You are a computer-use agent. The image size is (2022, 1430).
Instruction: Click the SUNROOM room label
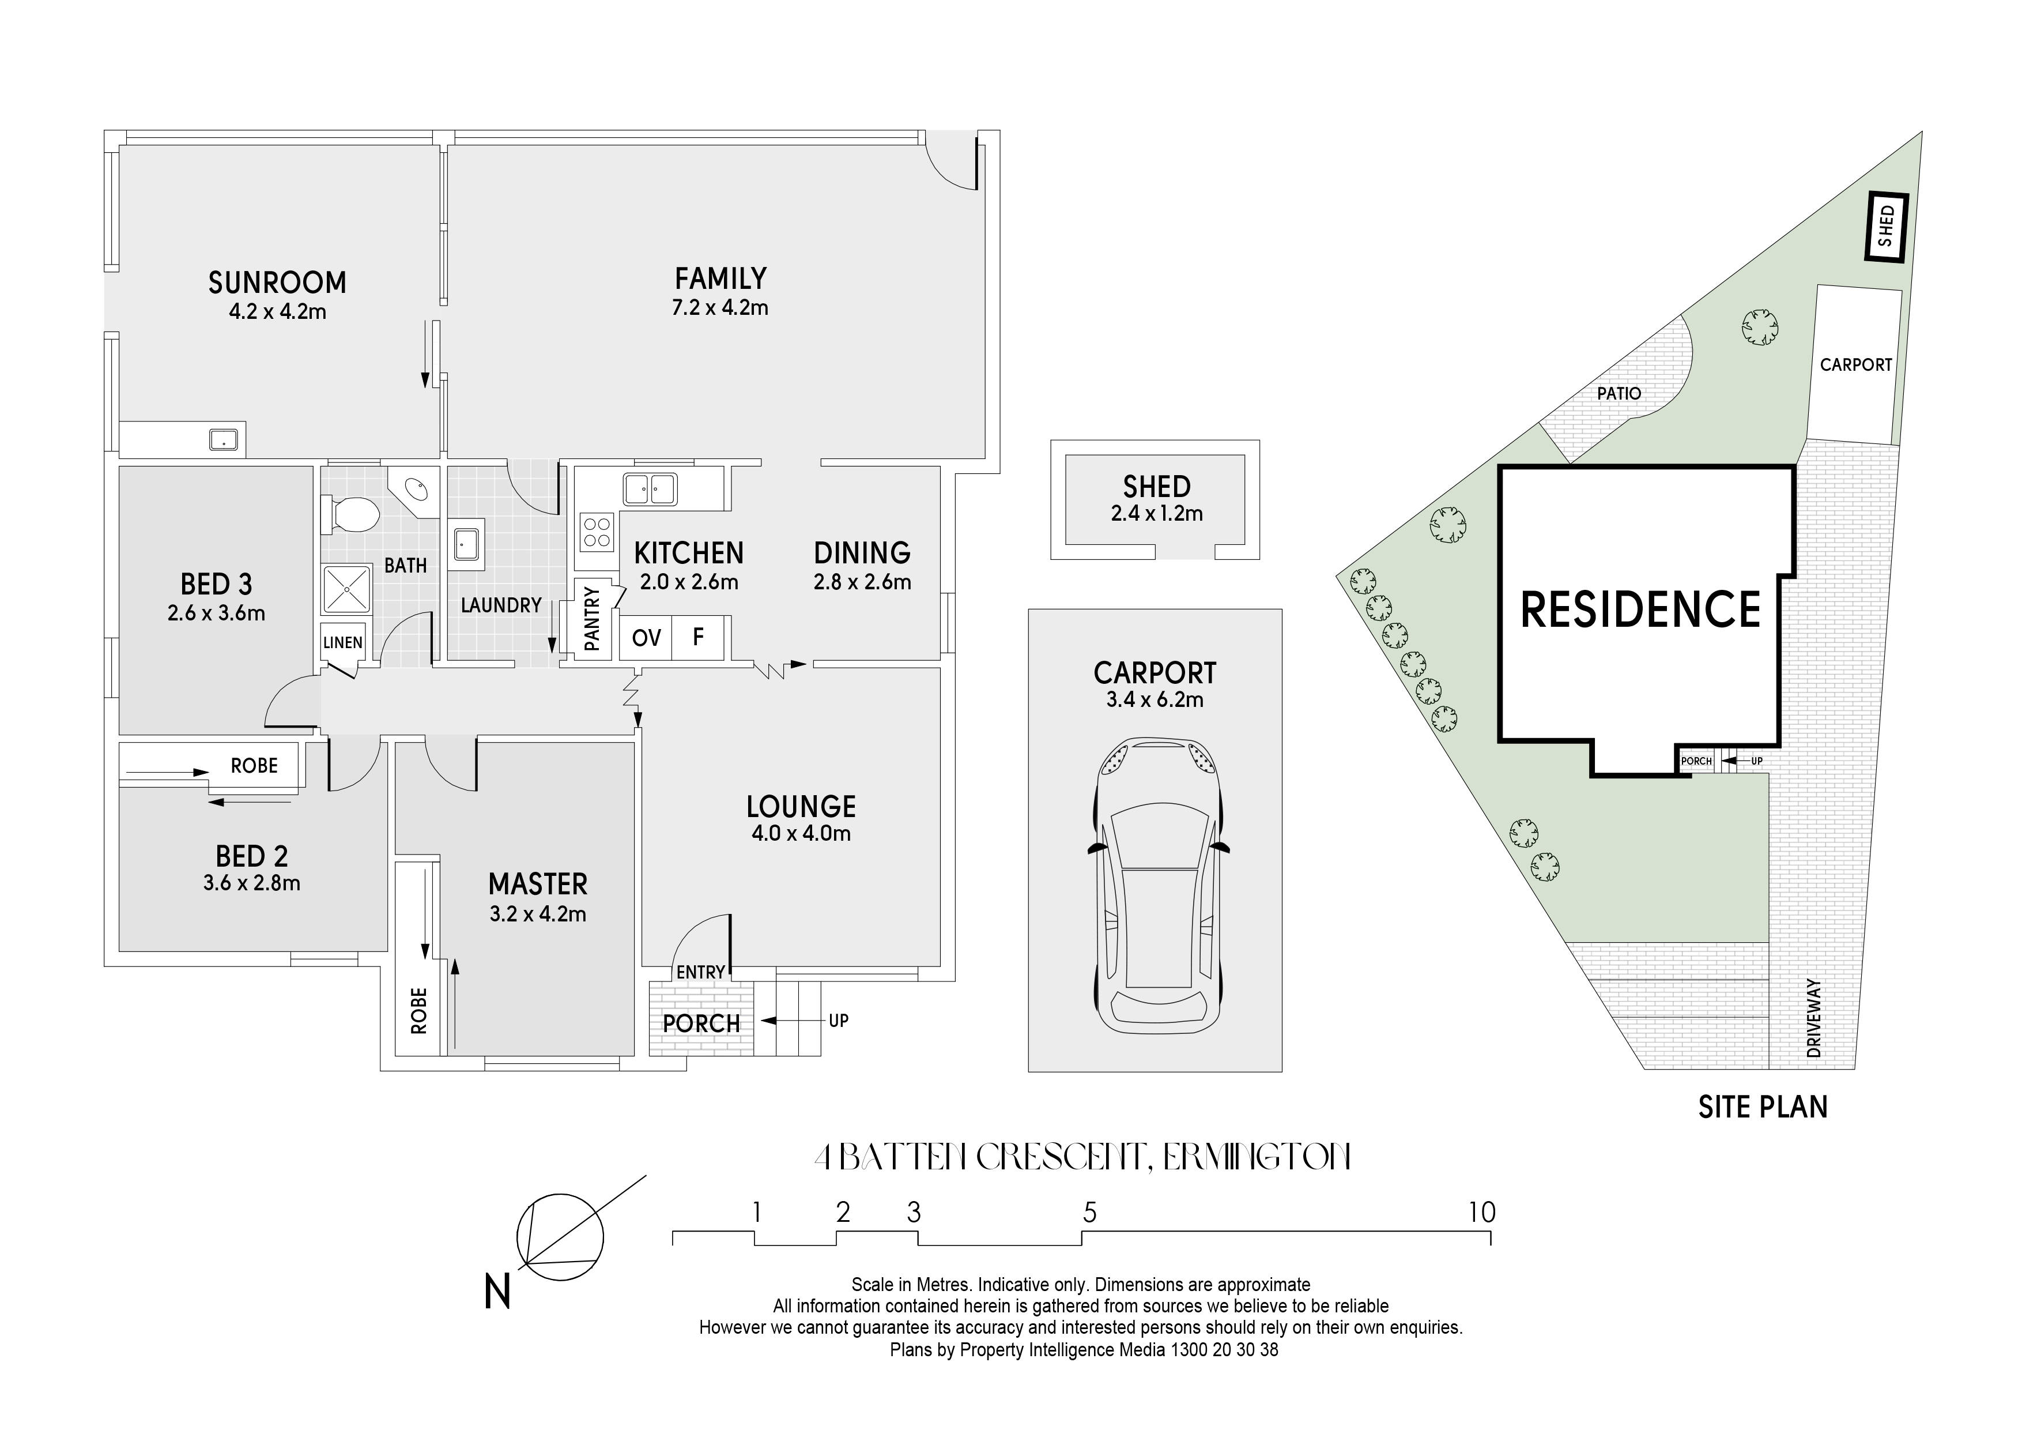click(x=277, y=282)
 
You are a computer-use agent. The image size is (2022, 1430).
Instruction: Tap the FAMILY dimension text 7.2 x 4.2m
click(x=720, y=307)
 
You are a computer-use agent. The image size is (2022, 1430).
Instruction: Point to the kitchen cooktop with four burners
click(x=596, y=532)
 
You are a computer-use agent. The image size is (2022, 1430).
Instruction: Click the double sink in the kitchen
click(x=650, y=489)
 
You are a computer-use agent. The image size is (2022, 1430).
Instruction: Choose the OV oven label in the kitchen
click(x=646, y=637)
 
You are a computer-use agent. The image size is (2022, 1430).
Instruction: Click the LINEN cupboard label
click(x=342, y=642)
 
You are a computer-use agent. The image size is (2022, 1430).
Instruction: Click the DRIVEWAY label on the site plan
click(x=1813, y=1018)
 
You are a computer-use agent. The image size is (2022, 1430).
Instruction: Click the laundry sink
click(x=467, y=544)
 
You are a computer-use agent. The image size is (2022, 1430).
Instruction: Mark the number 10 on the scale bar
click(x=1482, y=1213)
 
